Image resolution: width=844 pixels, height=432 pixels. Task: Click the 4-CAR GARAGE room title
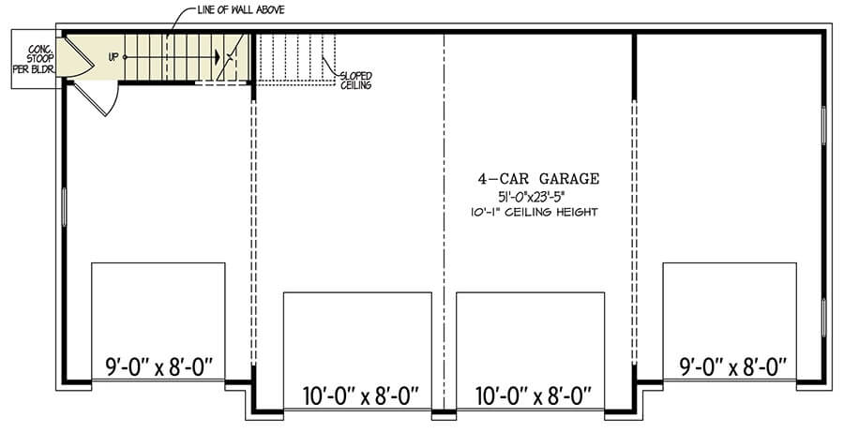click(x=538, y=179)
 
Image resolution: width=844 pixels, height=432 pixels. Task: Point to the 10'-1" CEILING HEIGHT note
click(x=533, y=212)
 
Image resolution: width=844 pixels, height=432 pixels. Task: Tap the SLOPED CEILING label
click(x=355, y=81)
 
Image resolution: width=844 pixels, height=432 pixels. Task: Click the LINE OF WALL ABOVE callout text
click(x=241, y=9)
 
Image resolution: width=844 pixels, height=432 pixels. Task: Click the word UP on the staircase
click(x=113, y=56)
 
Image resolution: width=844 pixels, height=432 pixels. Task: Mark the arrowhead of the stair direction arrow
click(x=218, y=56)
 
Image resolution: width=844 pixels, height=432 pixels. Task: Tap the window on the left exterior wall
click(x=64, y=206)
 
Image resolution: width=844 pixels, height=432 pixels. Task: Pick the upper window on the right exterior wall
click(x=823, y=125)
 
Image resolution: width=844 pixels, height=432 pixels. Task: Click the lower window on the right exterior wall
click(x=823, y=318)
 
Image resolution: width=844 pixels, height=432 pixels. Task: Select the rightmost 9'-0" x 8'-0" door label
click(x=730, y=367)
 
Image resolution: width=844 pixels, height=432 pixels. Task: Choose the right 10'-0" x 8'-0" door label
click(x=533, y=397)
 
